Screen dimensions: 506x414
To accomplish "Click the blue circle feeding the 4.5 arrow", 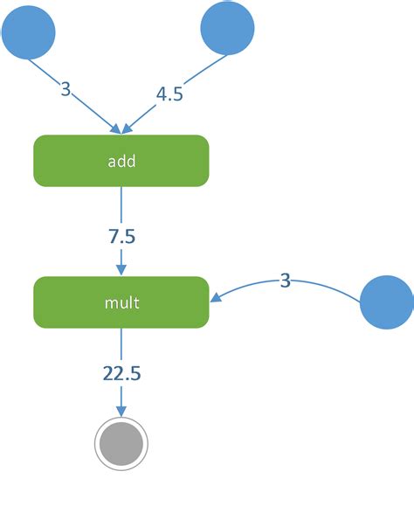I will (x=227, y=29).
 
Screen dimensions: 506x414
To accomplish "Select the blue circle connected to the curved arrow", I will (x=386, y=302).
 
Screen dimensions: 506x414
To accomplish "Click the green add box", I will (x=121, y=161).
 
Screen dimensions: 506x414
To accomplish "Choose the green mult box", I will (x=121, y=302).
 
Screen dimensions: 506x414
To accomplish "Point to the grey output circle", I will (x=121, y=445).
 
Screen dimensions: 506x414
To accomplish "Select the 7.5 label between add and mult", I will (x=121, y=237).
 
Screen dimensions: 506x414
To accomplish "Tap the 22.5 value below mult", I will (x=121, y=374).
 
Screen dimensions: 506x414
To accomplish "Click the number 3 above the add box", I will (x=66, y=88).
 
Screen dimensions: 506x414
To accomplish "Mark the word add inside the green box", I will (x=121, y=162).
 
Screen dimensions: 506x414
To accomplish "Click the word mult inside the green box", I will (x=121, y=303).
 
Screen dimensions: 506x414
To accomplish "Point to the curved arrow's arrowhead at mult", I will (x=214, y=298).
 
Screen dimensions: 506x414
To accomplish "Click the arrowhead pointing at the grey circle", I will (x=121, y=413).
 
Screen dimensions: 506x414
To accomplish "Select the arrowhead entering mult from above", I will (x=121, y=269).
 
